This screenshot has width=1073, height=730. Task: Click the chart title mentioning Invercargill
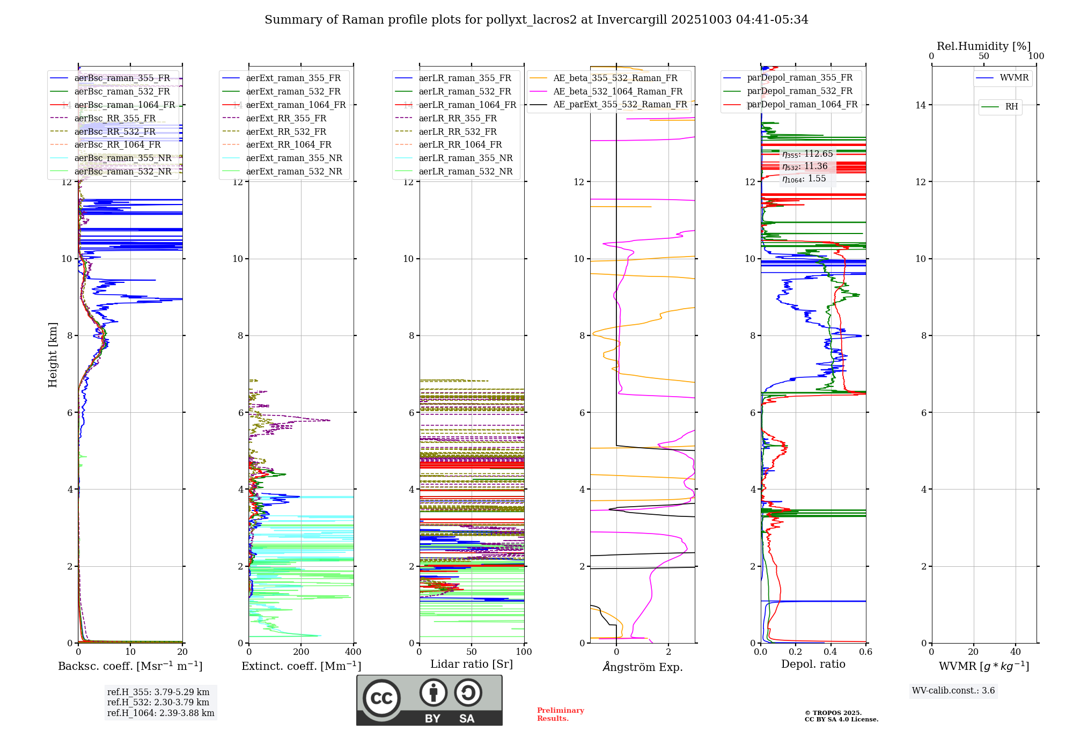click(536, 20)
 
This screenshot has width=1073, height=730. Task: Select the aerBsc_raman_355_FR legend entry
click(122, 78)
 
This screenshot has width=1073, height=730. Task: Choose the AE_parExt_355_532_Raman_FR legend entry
click(620, 105)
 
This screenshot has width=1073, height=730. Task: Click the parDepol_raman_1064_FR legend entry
click(802, 105)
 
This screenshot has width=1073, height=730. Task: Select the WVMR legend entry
click(1013, 78)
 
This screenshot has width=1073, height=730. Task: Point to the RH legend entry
click(1011, 107)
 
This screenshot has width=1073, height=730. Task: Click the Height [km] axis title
click(53, 355)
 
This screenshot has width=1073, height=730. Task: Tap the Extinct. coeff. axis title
click(301, 666)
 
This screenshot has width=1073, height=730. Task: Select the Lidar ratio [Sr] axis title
click(471, 665)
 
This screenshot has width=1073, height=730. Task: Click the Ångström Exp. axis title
click(642, 667)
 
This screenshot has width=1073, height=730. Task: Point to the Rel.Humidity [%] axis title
click(983, 46)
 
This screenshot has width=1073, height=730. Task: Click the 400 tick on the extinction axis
click(353, 652)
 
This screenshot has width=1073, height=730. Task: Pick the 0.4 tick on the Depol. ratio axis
click(831, 652)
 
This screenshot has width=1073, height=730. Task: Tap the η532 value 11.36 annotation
click(805, 166)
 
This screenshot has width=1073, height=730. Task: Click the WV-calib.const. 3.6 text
click(953, 691)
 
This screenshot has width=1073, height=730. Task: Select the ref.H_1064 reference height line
click(160, 713)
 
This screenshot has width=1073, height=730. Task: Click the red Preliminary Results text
click(560, 714)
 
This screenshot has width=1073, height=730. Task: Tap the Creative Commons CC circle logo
click(381, 698)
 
